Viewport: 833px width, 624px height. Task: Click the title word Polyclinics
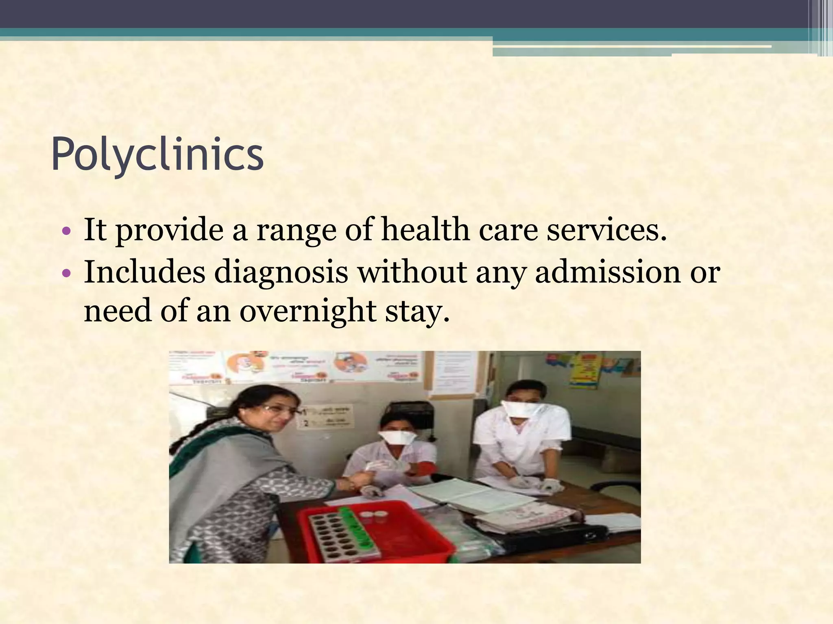(x=157, y=155)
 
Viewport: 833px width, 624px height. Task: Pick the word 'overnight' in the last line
(x=307, y=311)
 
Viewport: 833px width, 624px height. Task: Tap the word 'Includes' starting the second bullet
(x=144, y=272)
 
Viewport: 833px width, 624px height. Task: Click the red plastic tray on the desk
(x=374, y=532)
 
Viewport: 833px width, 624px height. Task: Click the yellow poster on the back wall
(x=584, y=370)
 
